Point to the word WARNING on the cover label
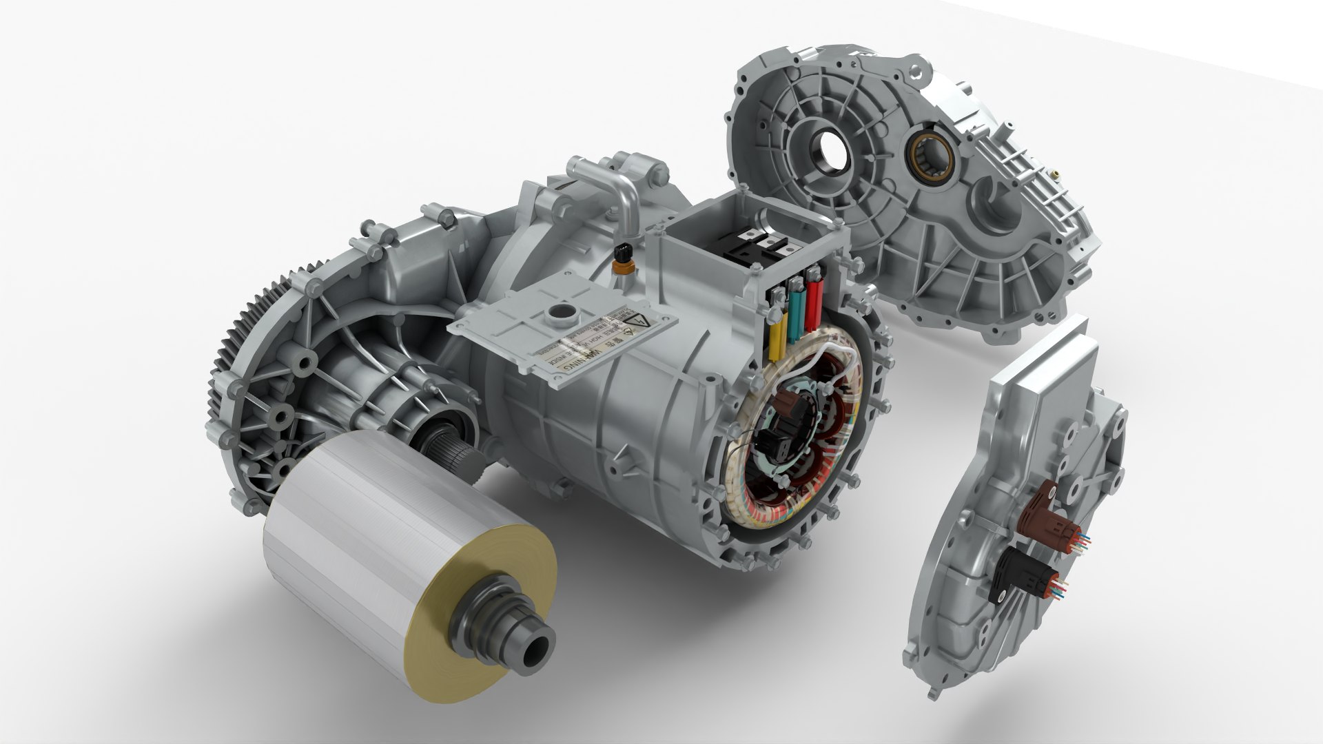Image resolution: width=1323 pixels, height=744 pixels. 588,357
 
